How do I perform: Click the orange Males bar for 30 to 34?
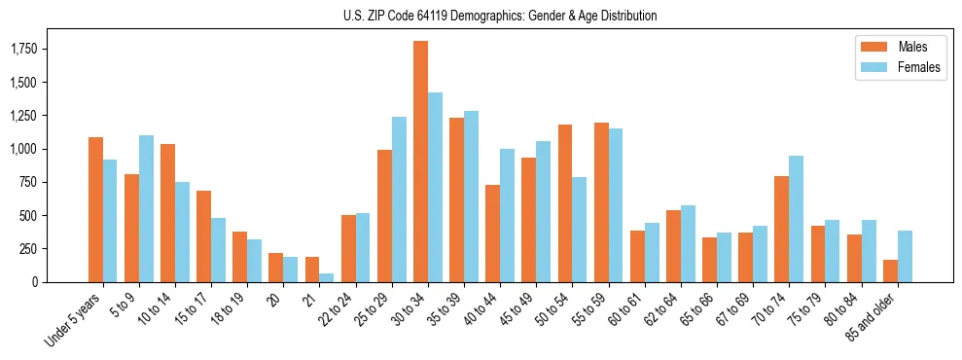[420, 162]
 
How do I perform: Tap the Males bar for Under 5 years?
[95, 209]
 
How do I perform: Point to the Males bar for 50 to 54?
[565, 203]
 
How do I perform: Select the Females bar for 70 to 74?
[797, 219]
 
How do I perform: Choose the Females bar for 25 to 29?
[399, 199]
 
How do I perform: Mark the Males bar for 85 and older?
[890, 270]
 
